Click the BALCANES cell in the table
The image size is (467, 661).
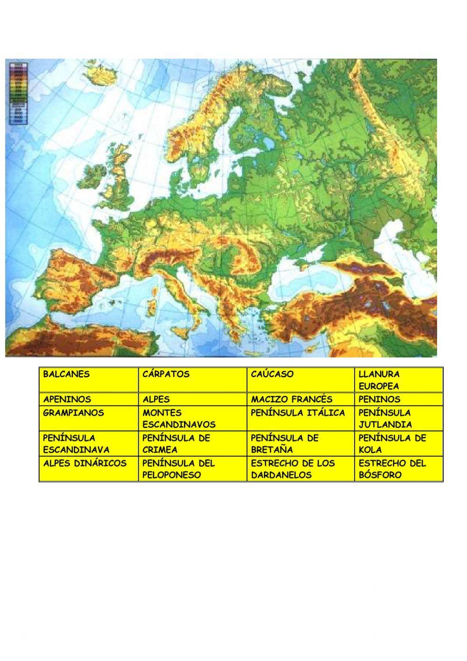(89, 379)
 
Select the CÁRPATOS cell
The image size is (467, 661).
(192, 379)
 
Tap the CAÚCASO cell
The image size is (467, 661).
(300, 379)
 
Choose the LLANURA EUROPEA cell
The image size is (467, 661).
(398, 380)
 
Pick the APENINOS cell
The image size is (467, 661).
(89, 400)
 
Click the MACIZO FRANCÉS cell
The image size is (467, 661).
(300, 400)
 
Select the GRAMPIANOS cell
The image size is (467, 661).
(89, 419)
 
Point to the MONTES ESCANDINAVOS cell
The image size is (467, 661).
(192, 419)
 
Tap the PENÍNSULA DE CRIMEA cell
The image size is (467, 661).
(192, 444)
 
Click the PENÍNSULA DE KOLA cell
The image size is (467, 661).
(398, 444)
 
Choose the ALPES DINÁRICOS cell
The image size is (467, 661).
(89, 469)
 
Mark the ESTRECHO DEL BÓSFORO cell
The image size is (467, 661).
(398, 469)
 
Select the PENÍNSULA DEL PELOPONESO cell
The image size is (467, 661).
(192, 469)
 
